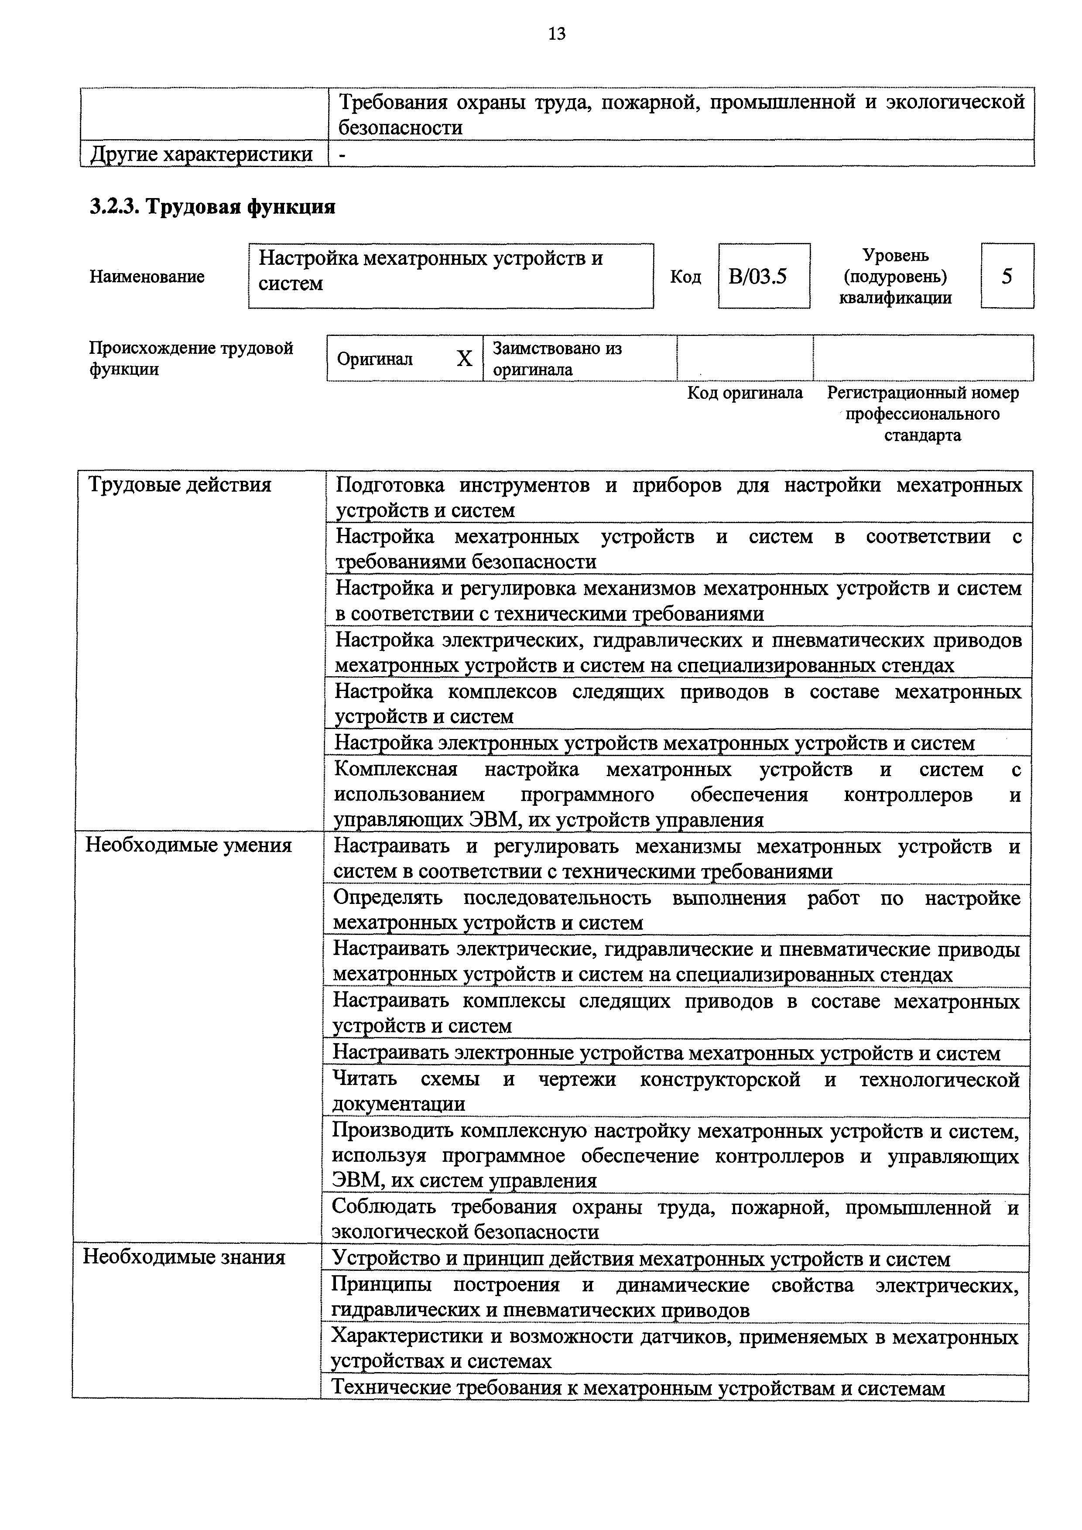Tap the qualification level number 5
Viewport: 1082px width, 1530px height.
1007,276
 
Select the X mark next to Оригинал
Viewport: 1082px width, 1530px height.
464,359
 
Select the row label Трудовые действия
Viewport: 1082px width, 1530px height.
180,484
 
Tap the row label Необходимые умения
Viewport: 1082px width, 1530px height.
188,845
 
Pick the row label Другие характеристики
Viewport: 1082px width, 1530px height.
201,154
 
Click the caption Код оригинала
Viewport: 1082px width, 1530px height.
745,393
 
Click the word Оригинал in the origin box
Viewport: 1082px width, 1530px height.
374,359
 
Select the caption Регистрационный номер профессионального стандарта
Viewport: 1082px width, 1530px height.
923,414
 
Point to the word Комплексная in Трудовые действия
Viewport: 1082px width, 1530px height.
395,769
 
